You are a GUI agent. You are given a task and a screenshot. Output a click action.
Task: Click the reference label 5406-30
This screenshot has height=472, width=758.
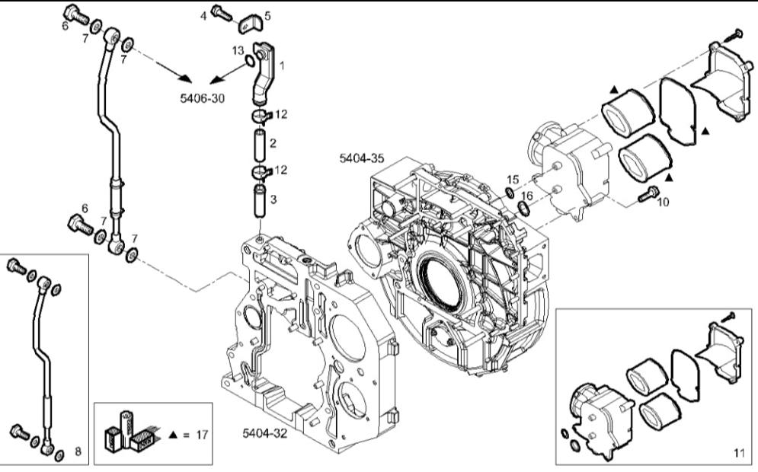pos(202,98)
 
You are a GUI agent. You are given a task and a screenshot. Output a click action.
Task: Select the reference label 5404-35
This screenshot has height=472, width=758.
pos(362,158)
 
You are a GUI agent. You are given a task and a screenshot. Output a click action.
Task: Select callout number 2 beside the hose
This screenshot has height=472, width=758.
pos(272,142)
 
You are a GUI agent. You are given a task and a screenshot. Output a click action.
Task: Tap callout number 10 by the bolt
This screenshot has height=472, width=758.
pos(664,202)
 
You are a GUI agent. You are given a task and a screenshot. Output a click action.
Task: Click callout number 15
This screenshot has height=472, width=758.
pos(513,179)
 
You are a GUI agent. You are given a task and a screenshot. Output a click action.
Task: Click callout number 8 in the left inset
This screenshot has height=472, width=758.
pos(78,451)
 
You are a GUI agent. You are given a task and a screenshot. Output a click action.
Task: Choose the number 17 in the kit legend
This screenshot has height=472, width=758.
pos(202,435)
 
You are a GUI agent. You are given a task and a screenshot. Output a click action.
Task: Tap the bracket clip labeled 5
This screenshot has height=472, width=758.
pos(247,24)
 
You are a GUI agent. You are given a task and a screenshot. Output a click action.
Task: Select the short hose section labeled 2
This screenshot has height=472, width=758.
pos(259,143)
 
